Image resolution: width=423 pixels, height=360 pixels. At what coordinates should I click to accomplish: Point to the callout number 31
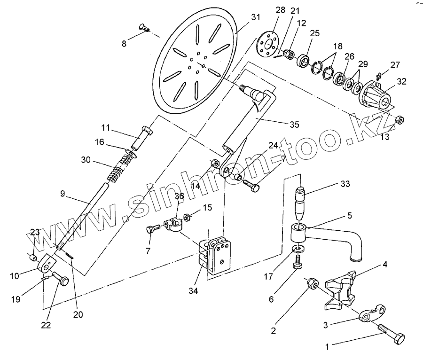click(255, 17)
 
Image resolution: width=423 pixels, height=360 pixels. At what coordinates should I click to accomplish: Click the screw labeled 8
click(144, 28)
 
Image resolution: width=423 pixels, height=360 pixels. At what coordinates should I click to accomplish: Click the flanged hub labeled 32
click(378, 96)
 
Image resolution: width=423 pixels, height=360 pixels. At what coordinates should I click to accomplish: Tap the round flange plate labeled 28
click(268, 45)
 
